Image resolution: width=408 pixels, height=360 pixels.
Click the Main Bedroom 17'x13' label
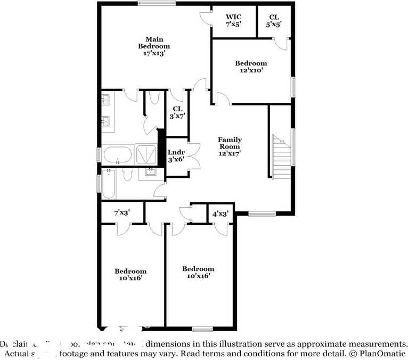click(154, 46)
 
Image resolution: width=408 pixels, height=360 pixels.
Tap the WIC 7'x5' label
click(233, 21)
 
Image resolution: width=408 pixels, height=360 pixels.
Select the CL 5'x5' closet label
click(274, 21)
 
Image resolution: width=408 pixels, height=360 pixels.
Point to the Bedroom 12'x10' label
click(251, 66)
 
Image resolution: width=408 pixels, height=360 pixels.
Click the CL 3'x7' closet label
click(177, 112)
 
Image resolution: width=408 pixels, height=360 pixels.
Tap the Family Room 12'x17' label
click(229, 146)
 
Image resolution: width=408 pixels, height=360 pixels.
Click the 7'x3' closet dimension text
click(122, 213)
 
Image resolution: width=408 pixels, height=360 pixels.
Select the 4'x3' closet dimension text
click(221, 214)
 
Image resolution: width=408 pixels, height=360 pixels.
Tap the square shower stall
click(146, 155)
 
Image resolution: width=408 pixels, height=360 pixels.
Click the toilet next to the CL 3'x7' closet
click(154, 97)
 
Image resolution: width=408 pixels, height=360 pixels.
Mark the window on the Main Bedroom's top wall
click(157, 4)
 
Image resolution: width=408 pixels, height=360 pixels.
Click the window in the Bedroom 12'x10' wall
click(293, 87)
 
